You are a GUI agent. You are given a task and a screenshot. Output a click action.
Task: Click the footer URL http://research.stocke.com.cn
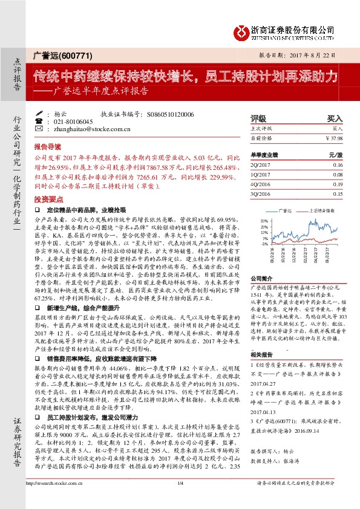coord(54,499)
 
